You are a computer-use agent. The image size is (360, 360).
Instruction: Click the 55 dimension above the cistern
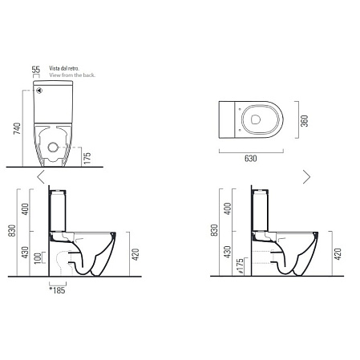pyautogui.click(x=36, y=70)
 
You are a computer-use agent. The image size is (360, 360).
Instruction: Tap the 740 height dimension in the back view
pyautogui.click(x=17, y=128)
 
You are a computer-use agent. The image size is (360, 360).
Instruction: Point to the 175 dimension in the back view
pyautogui.click(x=87, y=158)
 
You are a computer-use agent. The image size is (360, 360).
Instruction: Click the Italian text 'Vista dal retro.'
pyautogui.click(x=64, y=68)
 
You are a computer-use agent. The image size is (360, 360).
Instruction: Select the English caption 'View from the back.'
pyautogui.click(x=72, y=75)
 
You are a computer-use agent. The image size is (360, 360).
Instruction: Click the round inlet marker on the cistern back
pyautogui.click(x=39, y=91)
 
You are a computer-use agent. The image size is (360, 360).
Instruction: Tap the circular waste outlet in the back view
pyautogui.click(x=53, y=148)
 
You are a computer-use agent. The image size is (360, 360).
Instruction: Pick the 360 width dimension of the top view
pyautogui.click(x=305, y=121)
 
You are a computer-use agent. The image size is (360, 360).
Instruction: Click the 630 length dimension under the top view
pyautogui.click(x=251, y=159)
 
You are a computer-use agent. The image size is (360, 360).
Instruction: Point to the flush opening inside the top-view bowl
pyautogui.click(x=256, y=119)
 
